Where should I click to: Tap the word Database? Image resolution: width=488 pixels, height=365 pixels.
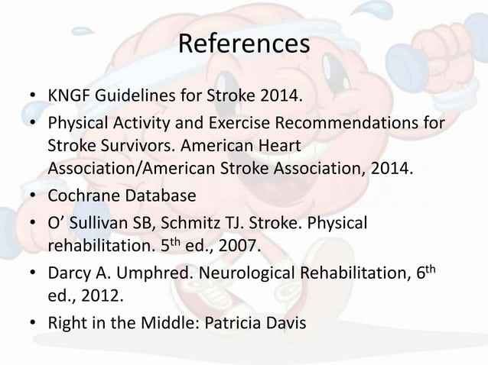(x=158, y=195)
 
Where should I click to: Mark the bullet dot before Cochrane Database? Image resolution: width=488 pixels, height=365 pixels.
(x=32, y=196)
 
